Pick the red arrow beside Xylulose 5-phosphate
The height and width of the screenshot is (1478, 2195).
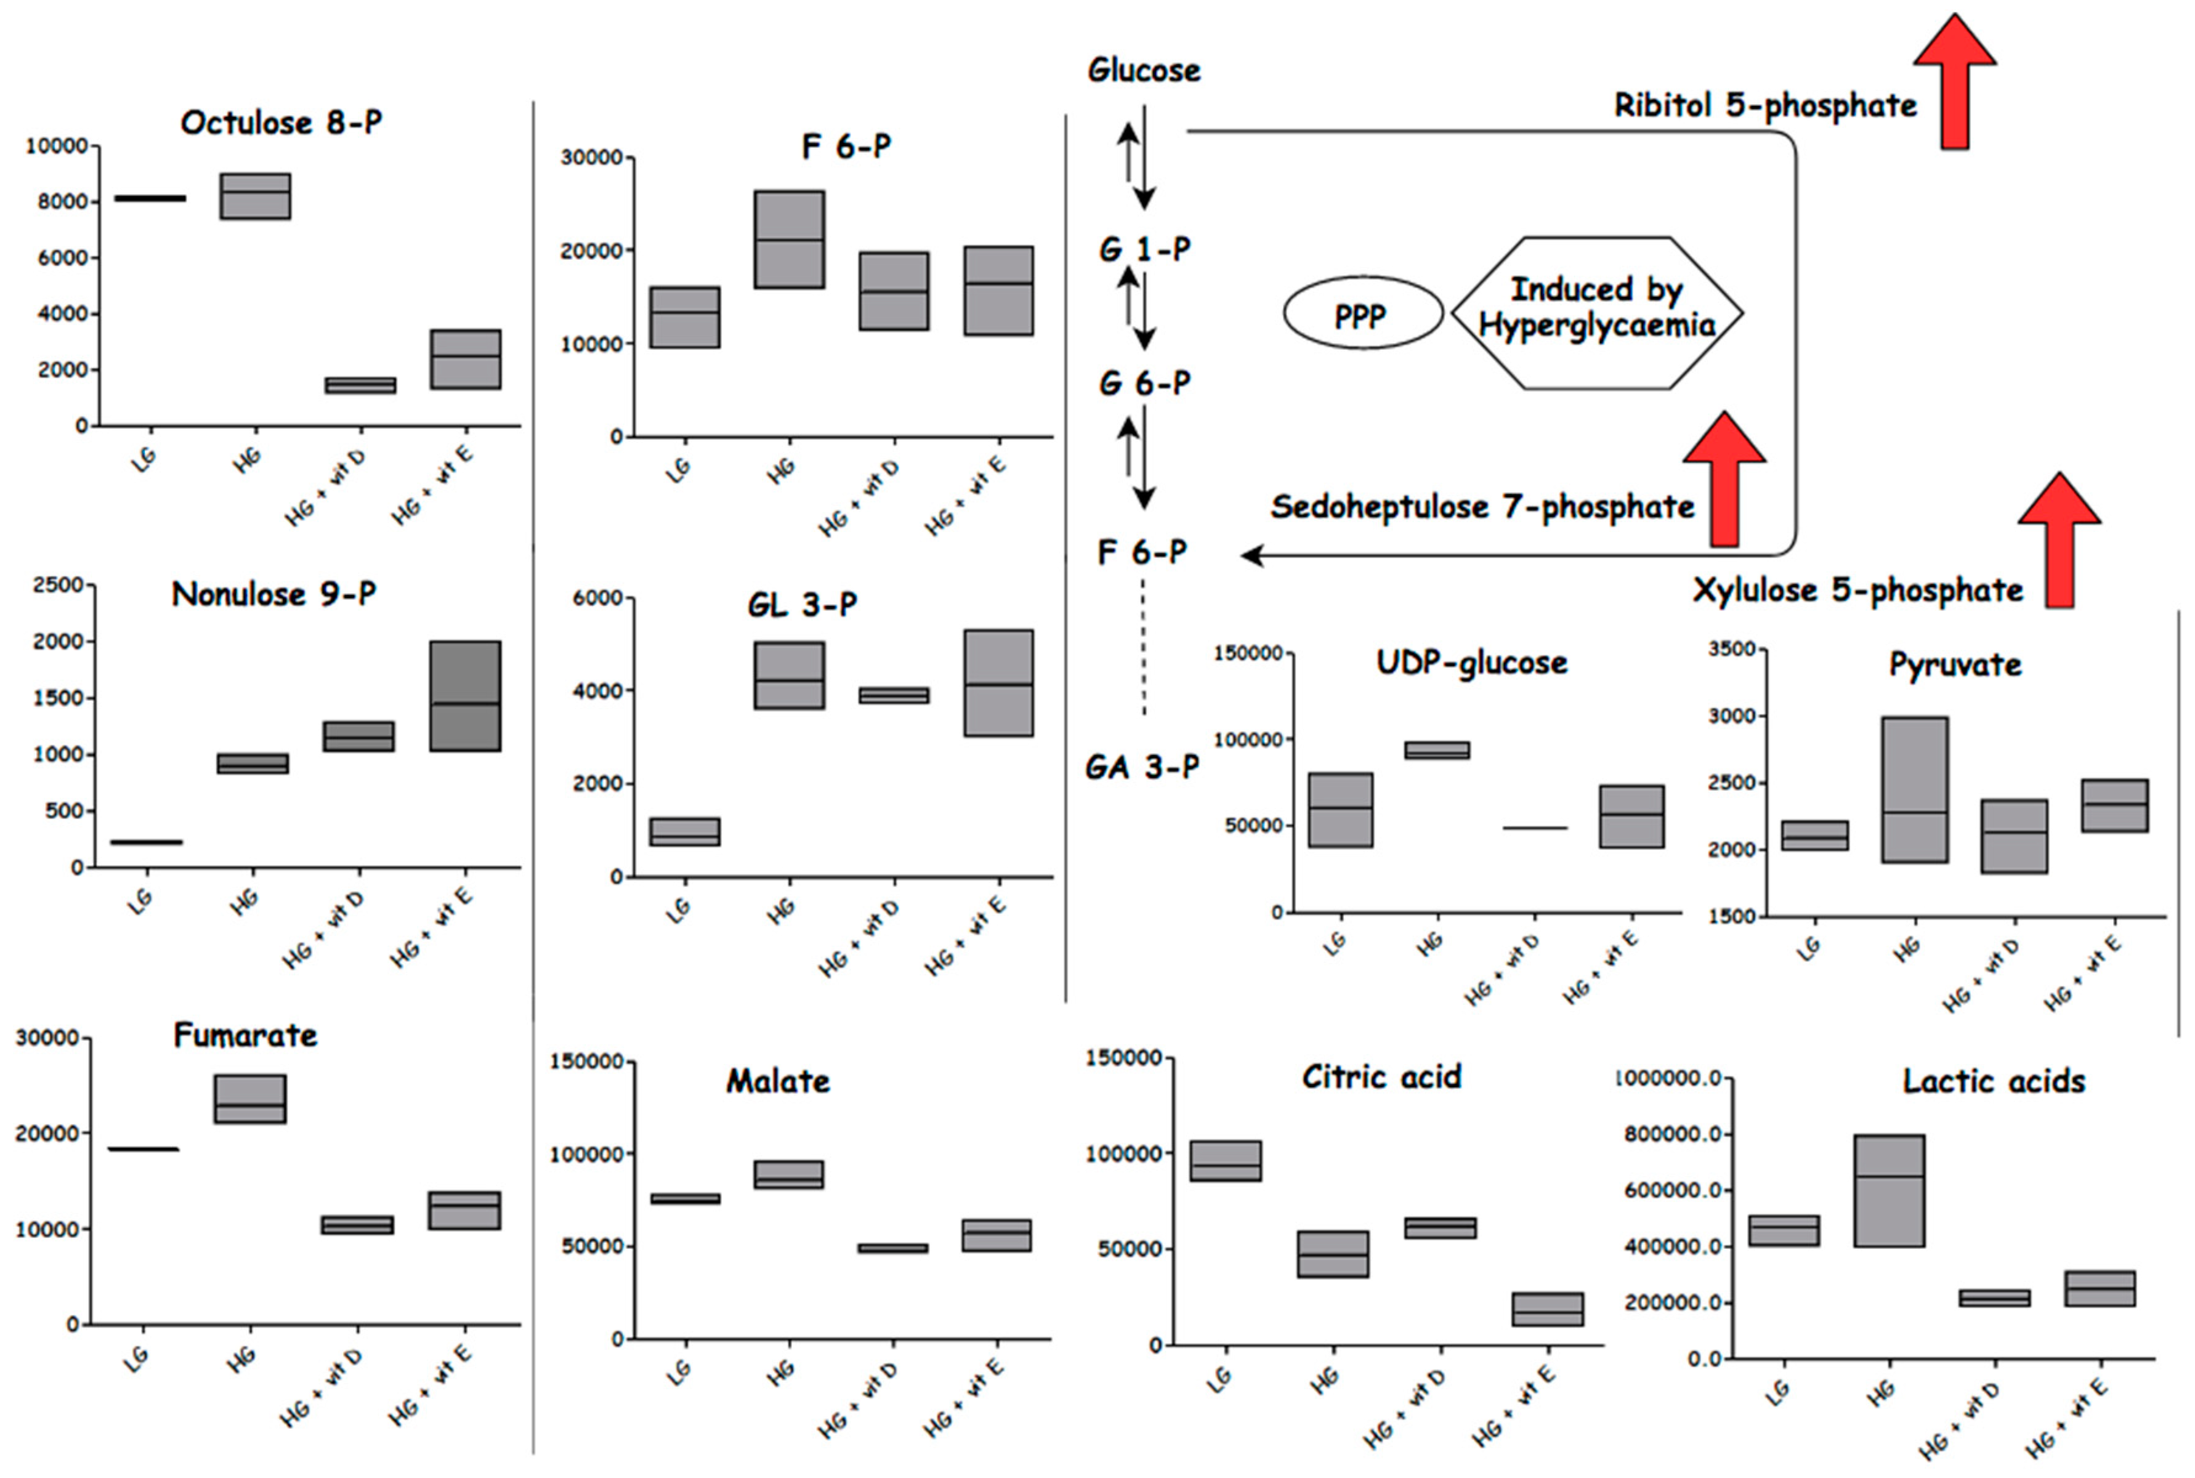click(2060, 541)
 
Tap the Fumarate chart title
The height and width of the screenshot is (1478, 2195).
click(245, 1035)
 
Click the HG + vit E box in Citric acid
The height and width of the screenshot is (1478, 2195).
click(1548, 1309)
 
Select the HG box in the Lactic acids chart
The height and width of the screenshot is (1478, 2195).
click(1889, 1190)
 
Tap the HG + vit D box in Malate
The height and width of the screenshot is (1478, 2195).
click(892, 1248)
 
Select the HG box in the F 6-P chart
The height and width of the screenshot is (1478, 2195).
click(789, 240)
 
